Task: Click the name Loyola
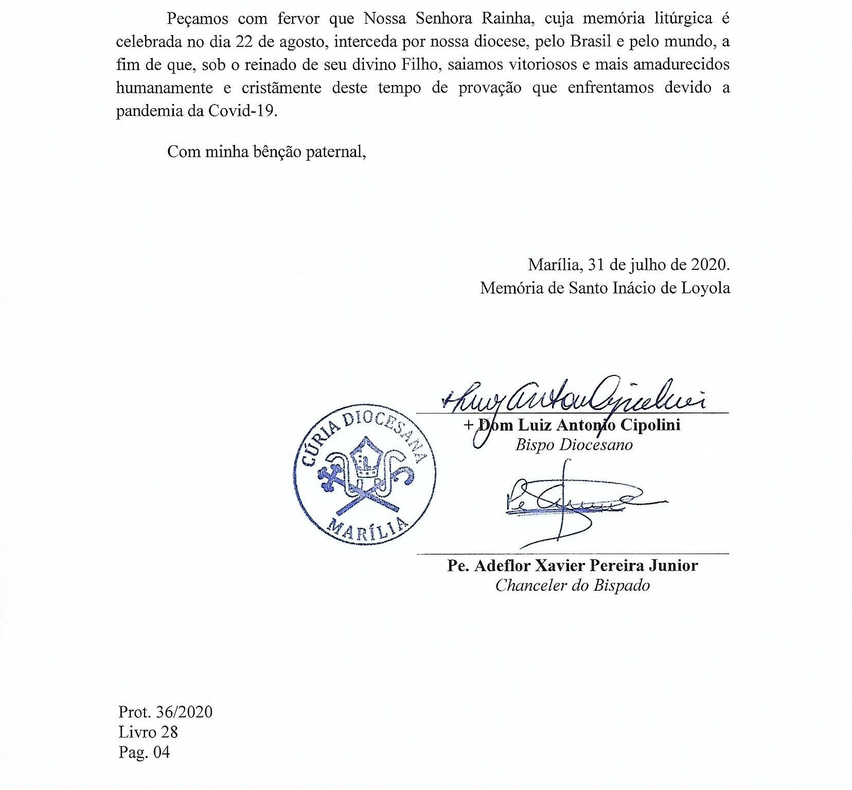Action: point(705,287)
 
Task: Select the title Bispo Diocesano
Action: point(574,444)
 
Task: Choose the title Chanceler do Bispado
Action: point(572,586)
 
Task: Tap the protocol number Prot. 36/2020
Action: point(165,712)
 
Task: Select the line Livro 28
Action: point(148,732)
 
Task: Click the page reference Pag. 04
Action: point(144,752)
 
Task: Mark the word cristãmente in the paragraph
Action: point(281,88)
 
